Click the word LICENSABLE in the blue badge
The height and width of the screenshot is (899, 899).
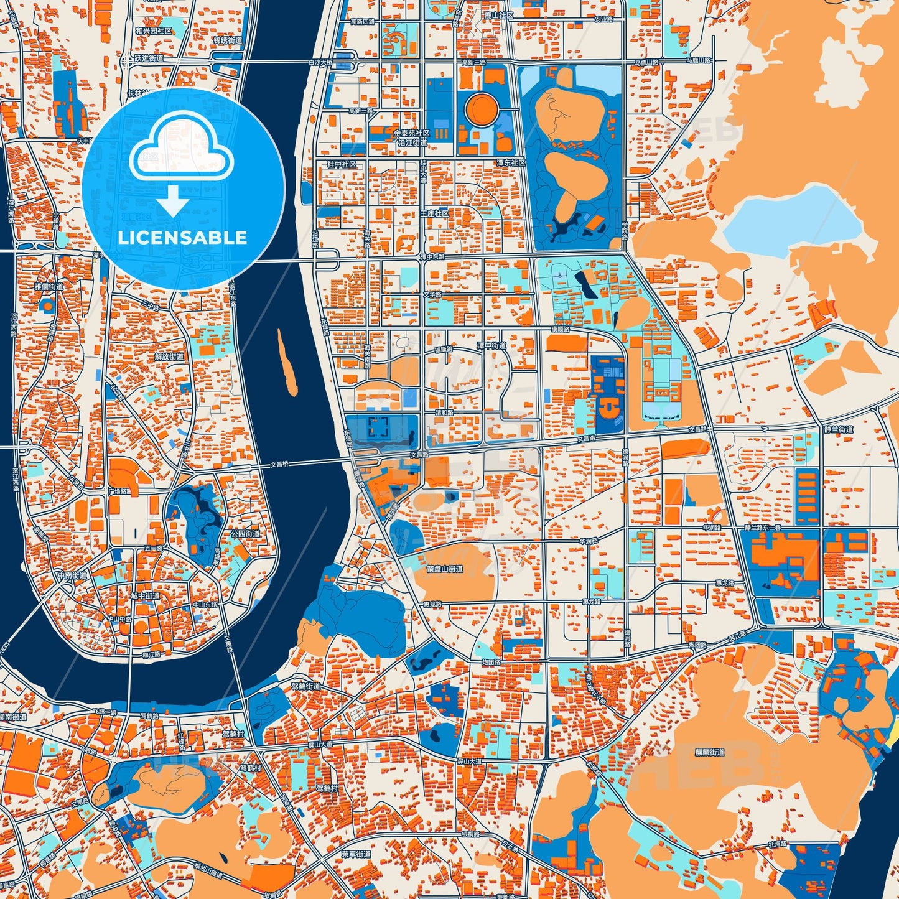tap(182, 238)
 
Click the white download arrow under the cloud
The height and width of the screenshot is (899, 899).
tap(174, 201)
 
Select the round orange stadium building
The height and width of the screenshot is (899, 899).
tap(482, 109)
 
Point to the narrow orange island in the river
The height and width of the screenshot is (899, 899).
tap(287, 363)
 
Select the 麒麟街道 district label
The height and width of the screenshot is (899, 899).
tap(709, 752)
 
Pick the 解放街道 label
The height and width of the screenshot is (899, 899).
tap(169, 356)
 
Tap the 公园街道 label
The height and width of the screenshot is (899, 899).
tap(245, 534)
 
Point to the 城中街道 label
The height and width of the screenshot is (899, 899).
tap(145, 595)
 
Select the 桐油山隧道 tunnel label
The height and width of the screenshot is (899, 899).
tap(212, 866)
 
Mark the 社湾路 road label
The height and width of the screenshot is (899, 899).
tap(777, 844)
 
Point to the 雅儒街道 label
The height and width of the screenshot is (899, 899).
tap(49, 287)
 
